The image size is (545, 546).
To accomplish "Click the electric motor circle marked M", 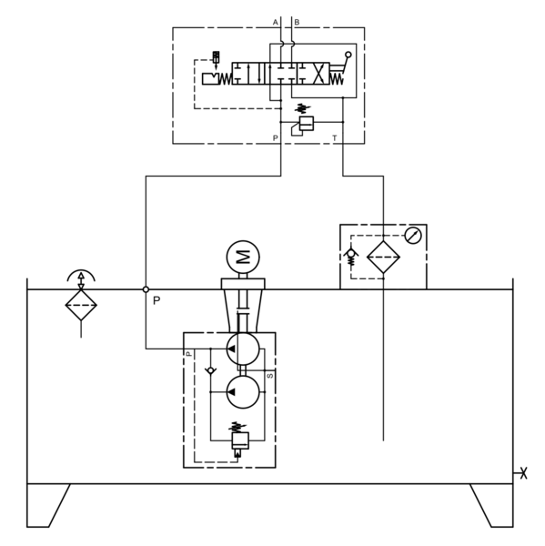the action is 243,257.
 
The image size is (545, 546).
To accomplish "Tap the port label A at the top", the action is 275,22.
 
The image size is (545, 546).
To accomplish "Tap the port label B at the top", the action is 297,22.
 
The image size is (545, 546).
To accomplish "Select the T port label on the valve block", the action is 335,138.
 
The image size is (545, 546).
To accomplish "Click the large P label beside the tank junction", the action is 156,300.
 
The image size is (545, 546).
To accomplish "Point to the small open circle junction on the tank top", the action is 146,289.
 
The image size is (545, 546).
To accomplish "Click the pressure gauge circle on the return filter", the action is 413,236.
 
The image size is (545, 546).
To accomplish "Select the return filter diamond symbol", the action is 383,257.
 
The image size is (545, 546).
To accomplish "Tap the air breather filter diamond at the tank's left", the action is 81,305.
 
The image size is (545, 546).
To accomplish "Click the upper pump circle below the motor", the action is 243,349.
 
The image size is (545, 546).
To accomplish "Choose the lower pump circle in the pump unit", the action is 243,391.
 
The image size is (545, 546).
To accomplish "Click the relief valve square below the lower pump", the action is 240,440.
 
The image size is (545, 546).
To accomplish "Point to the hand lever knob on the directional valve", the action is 348,55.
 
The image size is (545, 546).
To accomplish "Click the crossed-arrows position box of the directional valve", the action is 313,74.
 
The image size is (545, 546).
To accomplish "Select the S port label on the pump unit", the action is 270,376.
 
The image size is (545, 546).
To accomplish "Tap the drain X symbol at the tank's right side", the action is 523,473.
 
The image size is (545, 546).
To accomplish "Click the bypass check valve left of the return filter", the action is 351,257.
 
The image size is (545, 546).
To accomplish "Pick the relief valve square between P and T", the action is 307,123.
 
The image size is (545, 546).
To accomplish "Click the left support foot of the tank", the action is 48,505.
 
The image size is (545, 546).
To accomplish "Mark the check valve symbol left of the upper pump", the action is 210,370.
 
